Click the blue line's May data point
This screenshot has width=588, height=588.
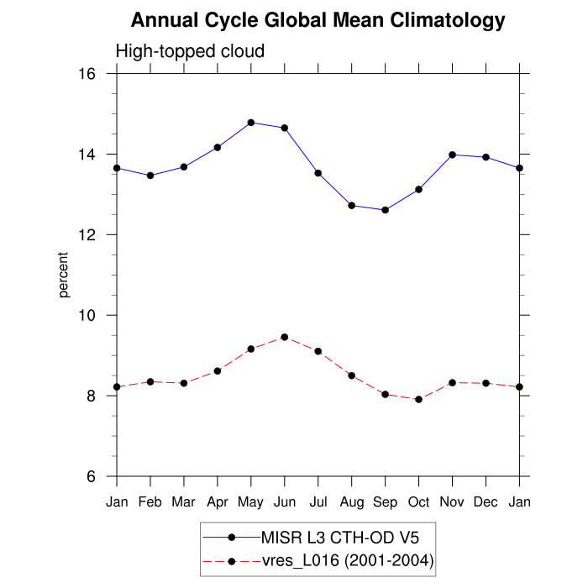pos(251,123)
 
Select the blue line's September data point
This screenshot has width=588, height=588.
pos(386,210)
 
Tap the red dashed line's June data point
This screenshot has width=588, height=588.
pos(285,337)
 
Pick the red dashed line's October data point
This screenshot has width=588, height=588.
pos(419,399)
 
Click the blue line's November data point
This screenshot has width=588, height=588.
pos(453,155)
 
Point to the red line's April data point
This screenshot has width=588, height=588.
pos(218,370)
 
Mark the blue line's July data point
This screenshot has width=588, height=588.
pos(318,173)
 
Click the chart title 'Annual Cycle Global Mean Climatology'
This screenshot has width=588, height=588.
pos(318,21)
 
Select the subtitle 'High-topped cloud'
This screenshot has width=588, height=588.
pos(190,51)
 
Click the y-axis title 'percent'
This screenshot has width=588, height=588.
pos(64,275)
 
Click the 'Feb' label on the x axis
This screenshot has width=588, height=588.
pos(150,502)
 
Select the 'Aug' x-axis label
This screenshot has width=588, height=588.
pos(352,502)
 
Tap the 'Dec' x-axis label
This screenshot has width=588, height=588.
pos(486,502)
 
